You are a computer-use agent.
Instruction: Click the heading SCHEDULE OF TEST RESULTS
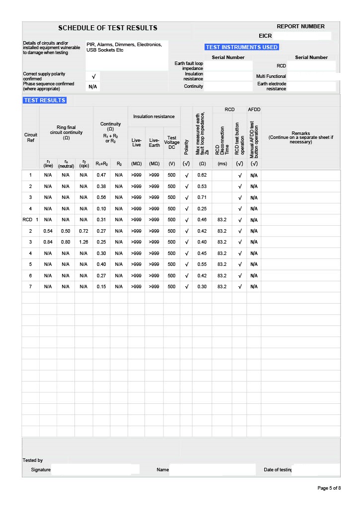click(x=108, y=28)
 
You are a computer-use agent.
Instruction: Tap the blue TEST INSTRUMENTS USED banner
click(x=242, y=47)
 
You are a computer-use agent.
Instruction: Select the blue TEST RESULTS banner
click(x=45, y=100)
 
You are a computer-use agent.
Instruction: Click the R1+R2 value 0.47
click(x=101, y=175)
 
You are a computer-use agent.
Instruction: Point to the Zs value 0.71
click(x=202, y=197)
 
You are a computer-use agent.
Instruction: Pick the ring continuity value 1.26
click(x=83, y=242)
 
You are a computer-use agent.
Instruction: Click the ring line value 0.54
click(x=48, y=231)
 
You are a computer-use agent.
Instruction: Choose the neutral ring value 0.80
click(x=66, y=242)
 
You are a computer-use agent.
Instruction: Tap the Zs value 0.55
click(x=202, y=264)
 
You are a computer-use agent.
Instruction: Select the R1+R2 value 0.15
click(x=101, y=287)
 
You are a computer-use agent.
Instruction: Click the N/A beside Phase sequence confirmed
click(x=93, y=87)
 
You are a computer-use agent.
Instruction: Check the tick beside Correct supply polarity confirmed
click(x=93, y=76)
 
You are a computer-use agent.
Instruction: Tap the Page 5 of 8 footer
click(x=329, y=488)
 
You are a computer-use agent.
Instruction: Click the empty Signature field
click(x=95, y=469)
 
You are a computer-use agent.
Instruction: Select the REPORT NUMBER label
click(x=300, y=26)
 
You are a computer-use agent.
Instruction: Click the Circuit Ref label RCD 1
click(x=30, y=220)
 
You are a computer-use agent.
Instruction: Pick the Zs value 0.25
click(x=202, y=208)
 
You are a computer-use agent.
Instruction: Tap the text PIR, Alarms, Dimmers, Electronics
click(x=124, y=45)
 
